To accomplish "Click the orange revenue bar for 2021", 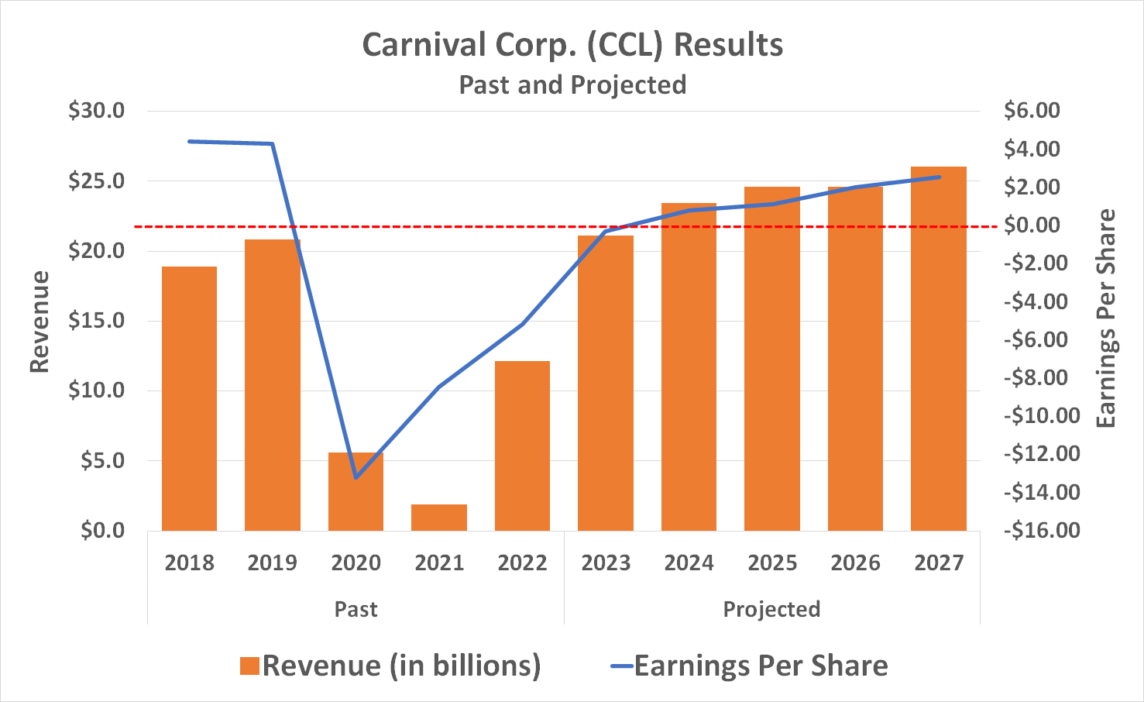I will click(x=439, y=518).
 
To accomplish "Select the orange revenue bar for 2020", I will click(x=356, y=491).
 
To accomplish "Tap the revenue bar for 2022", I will click(x=522, y=446).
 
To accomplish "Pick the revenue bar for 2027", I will click(x=938, y=349).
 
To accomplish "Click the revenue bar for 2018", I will click(x=189, y=398).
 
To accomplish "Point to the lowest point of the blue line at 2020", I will click(x=356, y=477).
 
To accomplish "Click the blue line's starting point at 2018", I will click(x=189, y=141).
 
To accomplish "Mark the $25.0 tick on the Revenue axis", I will click(x=96, y=181).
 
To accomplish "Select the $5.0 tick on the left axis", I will click(x=102, y=461).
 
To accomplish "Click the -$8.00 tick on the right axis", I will click(x=1031, y=377).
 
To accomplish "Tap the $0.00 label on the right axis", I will click(x=1032, y=225).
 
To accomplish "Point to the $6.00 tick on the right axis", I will click(x=1032, y=111).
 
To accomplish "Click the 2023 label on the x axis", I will click(x=606, y=563).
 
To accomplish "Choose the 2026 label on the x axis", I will click(x=855, y=563).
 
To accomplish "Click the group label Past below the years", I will click(x=356, y=609).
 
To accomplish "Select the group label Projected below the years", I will click(x=771, y=609).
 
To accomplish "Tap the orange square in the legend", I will click(x=249, y=666).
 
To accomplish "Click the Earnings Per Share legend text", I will click(x=761, y=666).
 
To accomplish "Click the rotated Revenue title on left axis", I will click(x=40, y=322).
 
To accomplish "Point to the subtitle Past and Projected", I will click(x=572, y=84).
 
